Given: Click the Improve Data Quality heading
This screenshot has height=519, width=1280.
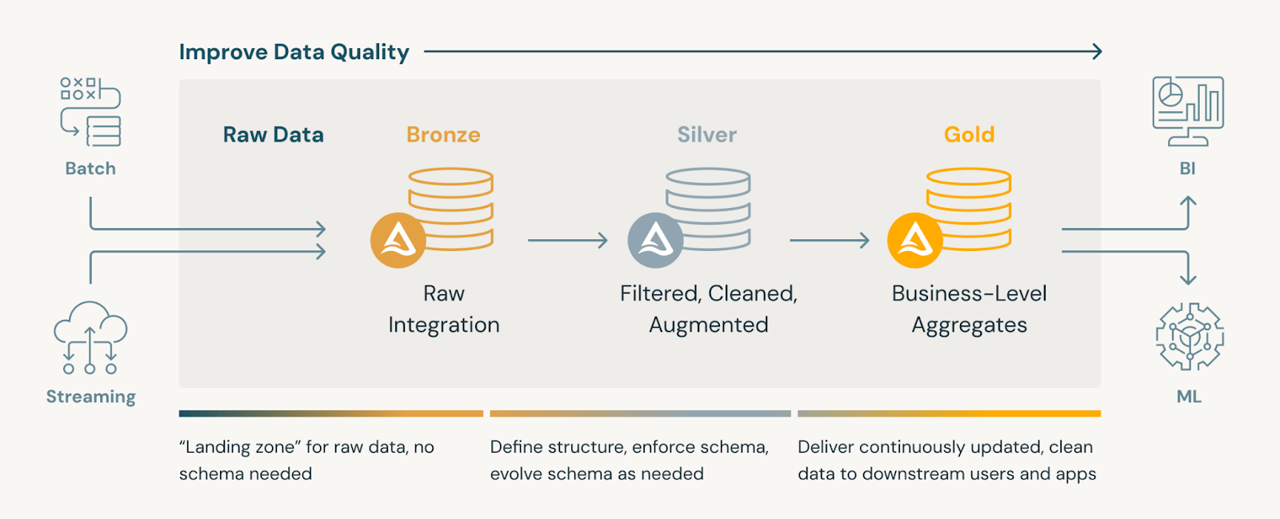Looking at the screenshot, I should point(294,52).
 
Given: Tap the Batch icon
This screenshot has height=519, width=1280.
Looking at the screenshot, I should point(90,112).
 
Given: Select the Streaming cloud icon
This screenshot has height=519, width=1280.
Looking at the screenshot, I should point(90,337).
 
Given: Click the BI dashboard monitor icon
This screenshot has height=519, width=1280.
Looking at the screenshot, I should point(1188,111).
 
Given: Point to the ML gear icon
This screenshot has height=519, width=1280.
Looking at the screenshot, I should point(1190,336).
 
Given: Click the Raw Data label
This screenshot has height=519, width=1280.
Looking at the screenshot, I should point(273,134).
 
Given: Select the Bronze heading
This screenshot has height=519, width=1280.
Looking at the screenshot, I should point(443,134).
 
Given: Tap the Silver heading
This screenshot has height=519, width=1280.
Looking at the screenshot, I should point(707,134).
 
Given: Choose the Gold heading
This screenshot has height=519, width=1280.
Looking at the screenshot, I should point(969,134).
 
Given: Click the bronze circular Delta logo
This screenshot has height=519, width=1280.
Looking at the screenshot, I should point(398,240).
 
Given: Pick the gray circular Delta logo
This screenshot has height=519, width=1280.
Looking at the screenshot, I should point(655,240).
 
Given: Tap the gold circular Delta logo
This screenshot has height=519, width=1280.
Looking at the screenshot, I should point(915,240).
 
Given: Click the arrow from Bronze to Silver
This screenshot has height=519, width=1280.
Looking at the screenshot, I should point(568,240).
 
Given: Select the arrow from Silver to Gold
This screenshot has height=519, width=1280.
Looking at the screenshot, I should point(830,240).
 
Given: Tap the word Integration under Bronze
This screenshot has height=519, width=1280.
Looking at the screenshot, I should point(444,325).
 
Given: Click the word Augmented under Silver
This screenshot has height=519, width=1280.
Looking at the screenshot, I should point(709,325).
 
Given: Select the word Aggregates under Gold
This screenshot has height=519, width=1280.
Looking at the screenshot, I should point(970,325).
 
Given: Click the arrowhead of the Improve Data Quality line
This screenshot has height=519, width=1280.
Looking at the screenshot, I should point(1098,52).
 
